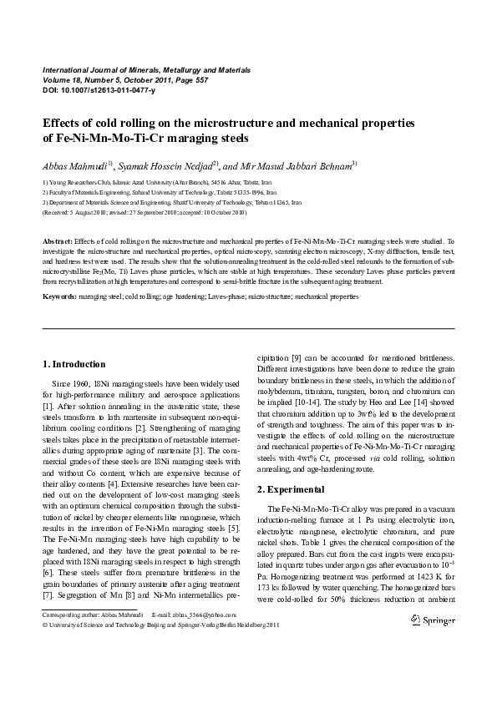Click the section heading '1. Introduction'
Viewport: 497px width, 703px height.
(x=74, y=364)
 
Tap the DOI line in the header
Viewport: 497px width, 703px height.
(x=92, y=89)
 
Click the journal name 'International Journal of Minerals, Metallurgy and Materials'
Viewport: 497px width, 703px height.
(x=146, y=70)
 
